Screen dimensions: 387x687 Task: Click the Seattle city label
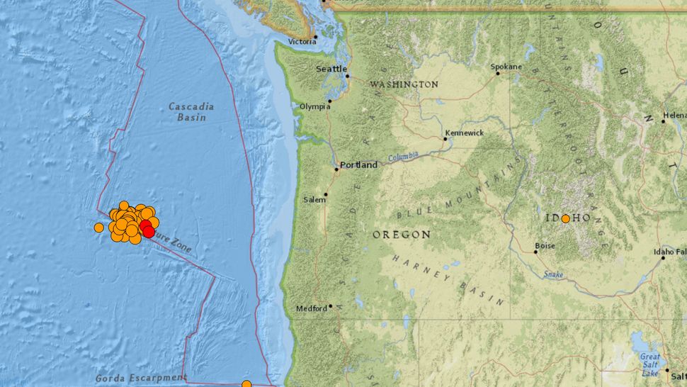click(331, 69)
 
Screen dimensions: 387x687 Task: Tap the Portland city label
click(358, 165)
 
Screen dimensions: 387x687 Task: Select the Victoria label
click(301, 42)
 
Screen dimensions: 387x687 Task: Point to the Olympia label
click(315, 106)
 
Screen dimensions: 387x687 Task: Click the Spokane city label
click(506, 67)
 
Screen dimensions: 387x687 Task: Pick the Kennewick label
click(464, 133)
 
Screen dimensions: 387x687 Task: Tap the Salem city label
click(314, 200)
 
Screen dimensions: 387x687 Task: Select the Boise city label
click(545, 246)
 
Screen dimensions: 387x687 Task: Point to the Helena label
click(675, 115)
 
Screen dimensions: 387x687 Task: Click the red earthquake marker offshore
click(147, 228)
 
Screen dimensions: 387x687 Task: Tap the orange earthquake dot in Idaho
click(566, 219)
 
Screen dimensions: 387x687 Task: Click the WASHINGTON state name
click(404, 84)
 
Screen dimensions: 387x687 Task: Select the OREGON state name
click(402, 234)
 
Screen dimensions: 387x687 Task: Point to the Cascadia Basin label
click(191, 112)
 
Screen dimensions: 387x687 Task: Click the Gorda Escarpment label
click(142, 377)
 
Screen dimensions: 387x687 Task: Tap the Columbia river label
click(403, 156)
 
